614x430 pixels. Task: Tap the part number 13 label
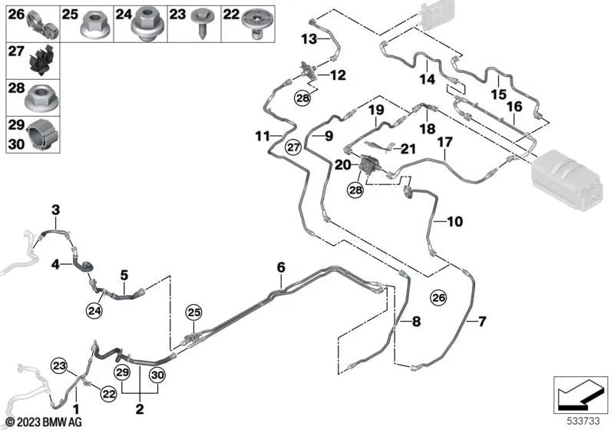(x=309, y=38)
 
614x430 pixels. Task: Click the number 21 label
(x=408, y=148)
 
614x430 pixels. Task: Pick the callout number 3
(x=55, y=210)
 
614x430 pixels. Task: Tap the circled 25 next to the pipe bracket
(x=193, y=313)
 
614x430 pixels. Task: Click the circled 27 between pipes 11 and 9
(x=292, y=147)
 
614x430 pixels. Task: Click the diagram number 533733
(x=586, y=421)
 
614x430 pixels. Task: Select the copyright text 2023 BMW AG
(x=36, y=422)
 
